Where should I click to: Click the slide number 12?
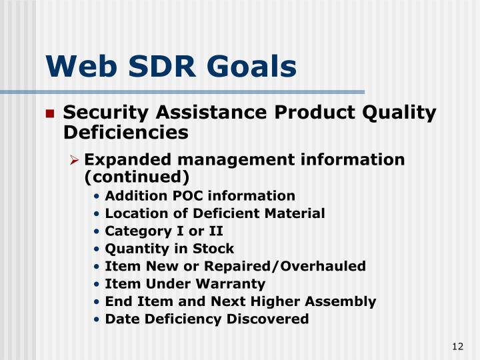pyautogui.click(x=457, y=346)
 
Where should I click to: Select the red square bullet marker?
pyautogui.click(x=50, y=114)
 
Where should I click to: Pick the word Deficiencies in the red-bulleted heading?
pyautogui.click(x=125, y=133)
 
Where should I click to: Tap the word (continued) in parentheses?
pyautogui.click(x=137, y=177)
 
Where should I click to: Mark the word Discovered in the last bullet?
pyautogui.click(x=268, y=319)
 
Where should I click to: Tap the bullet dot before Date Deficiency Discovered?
pyautogui.click(x=97, y=319)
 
